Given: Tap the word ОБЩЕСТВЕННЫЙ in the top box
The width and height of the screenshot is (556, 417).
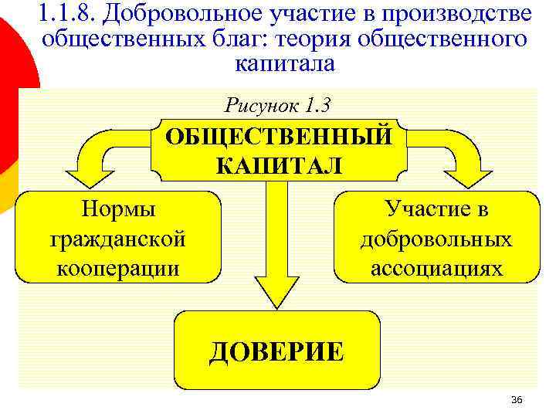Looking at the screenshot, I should coord(278,137).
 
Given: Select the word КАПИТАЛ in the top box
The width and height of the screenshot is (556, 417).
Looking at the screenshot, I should coord(278,165).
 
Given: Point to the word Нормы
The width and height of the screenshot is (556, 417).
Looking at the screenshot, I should coord(118,209).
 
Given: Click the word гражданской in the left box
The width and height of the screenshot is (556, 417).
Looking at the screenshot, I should coord(118,239).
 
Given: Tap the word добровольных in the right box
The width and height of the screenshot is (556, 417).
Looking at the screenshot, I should coord(436,239).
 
